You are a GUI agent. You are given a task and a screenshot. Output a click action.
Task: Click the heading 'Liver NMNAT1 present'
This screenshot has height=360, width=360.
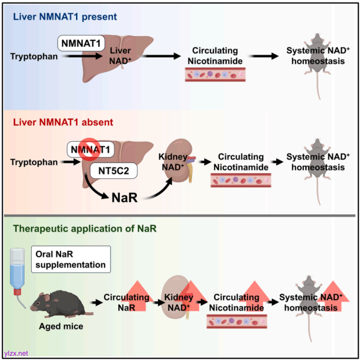click(65, 17)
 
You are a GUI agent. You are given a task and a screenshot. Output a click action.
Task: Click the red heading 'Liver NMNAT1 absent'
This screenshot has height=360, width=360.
click(63, 122)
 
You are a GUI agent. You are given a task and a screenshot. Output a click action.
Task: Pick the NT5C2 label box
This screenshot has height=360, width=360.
click(114, 171)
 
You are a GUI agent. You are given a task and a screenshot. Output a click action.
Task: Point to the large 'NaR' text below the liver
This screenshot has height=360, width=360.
click(125, 198)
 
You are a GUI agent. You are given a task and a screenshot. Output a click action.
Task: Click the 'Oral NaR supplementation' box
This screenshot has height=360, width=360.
click(71, 259)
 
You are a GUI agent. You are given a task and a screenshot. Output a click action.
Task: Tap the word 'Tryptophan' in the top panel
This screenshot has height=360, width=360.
click(34, 56)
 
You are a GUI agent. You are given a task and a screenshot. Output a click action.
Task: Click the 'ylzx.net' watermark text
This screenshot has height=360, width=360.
click(16, 353)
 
